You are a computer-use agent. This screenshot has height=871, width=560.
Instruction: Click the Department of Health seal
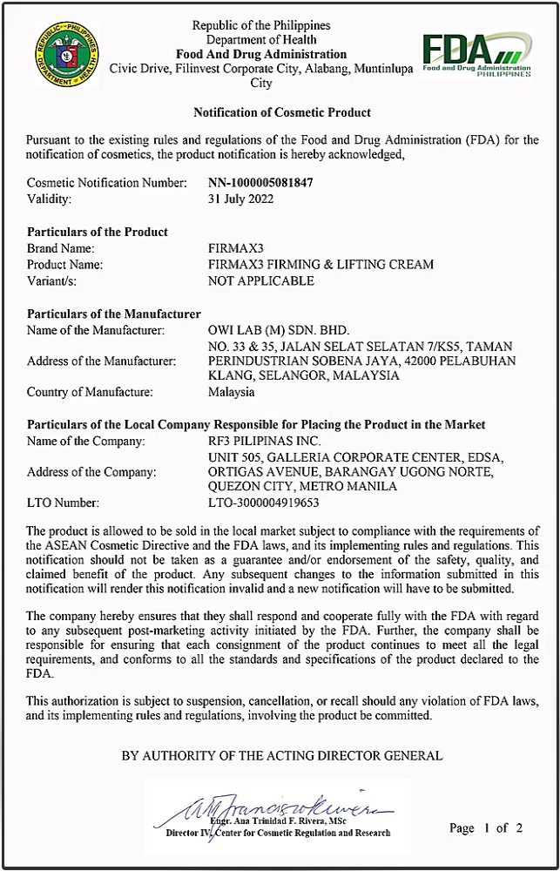(x=67, y=53)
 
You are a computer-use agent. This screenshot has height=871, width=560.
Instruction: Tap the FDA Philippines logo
(x=476, y=55)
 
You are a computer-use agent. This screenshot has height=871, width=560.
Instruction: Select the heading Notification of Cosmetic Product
(x=282, y=112)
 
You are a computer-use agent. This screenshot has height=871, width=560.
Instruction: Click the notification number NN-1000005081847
(x=260, y=183)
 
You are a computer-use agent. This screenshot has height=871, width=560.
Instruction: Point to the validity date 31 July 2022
(x=241, y=199)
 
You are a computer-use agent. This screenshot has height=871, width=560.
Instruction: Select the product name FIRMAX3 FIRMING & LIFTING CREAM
(x=320, y=264)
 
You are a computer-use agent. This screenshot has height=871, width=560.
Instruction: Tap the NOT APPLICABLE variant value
(x=261, y=280)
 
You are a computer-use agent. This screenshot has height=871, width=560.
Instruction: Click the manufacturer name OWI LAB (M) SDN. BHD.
(x=279, y=330)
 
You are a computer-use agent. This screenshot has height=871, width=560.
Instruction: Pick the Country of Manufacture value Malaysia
(x=232, y=392)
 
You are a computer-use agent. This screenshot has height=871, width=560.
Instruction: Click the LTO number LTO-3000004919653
(x=264, y=503)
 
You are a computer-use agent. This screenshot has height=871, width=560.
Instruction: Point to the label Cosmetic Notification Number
(x=107, y=183)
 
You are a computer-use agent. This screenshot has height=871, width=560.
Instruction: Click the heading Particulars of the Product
(x=98, y=232)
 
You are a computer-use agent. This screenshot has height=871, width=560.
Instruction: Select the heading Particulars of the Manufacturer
(x=114, y=314)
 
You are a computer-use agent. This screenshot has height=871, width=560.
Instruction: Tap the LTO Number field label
(x=63, y=503)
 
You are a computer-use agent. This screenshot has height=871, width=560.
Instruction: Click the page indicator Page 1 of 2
(x=486, y=827)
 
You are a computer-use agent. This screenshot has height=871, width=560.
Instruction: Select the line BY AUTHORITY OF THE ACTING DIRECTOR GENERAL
(x=282, y=756)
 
